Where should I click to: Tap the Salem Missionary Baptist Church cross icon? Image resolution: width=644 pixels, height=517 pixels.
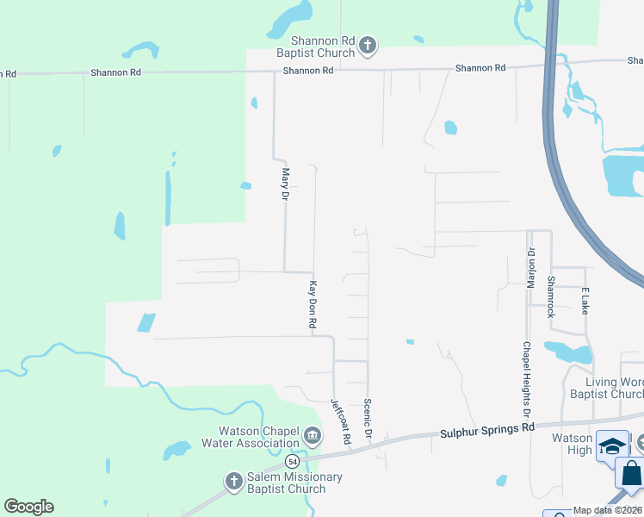pyautogui.click(x=233, y=483)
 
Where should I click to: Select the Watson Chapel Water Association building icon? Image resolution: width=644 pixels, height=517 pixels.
pyautogui.click(x=313, y=437)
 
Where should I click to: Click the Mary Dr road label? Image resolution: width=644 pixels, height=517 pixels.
pyautogui.click(x=285, y=184)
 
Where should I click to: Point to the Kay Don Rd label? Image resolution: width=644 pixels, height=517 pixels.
pyautogui.click(x=313, y=304)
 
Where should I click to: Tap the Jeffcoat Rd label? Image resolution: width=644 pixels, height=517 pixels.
pyautogui.click(x=341, y=421)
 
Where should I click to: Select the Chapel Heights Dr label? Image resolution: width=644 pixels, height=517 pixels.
pyautogui.click(x=525, y=375)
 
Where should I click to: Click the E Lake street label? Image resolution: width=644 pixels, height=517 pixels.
pyautogui.click(x=585, y=301)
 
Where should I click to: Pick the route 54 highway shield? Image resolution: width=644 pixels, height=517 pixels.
pyautogui.click(x=294, y=463)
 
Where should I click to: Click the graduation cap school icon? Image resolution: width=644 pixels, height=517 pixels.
pyautogui.click(x=612, y=445)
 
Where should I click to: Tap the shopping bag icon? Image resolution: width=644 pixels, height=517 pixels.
pyautogui.click(x=632, y=473)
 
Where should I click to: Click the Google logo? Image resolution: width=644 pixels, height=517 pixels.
pyautogui.click(x=28, y=507)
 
